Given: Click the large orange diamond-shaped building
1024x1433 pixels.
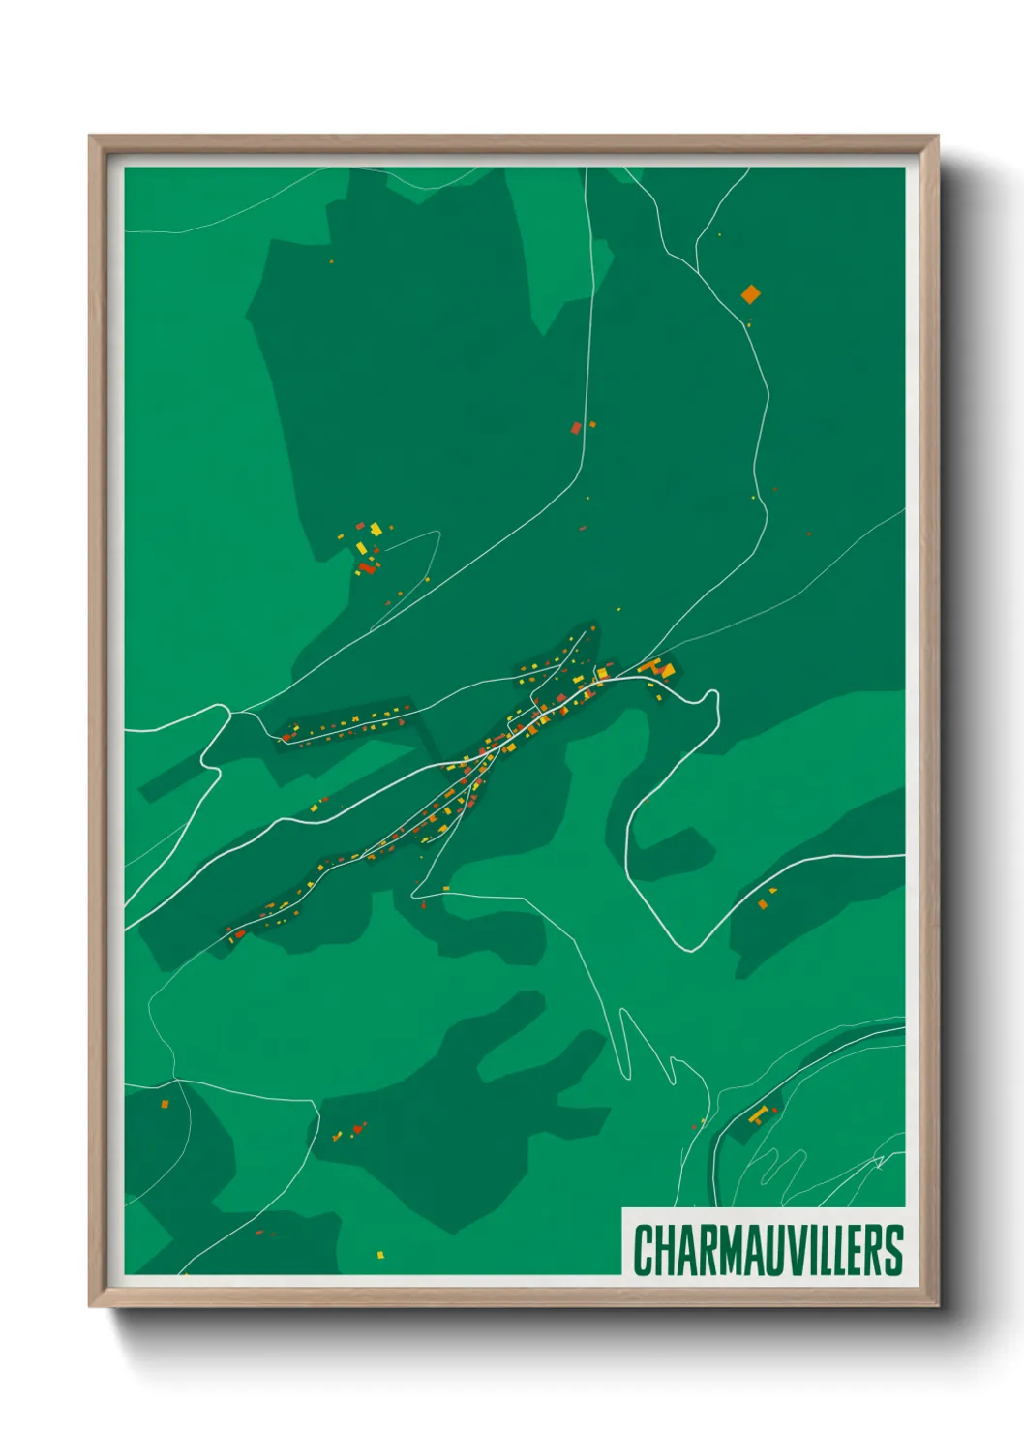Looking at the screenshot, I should pos(751,293).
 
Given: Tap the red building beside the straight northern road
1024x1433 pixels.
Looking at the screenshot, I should pos(576,427).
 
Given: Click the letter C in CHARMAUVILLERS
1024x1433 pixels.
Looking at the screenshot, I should pos(644,1251).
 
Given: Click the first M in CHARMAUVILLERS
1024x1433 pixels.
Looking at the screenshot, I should pos(717,1251).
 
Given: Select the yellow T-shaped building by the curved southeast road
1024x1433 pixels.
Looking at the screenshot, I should pos(760,1114).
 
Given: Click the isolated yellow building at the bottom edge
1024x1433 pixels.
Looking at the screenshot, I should pos(380,1255).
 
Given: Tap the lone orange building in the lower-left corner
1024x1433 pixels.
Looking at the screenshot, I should pos(165,1104).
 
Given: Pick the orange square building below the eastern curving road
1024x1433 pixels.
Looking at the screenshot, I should pos(763,904).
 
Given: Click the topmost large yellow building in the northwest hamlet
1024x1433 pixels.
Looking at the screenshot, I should pos(376,529).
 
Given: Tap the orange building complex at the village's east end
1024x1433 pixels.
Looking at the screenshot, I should pos(661,668).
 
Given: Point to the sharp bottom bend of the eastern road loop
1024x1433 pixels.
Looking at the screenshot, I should pos(689,948).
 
